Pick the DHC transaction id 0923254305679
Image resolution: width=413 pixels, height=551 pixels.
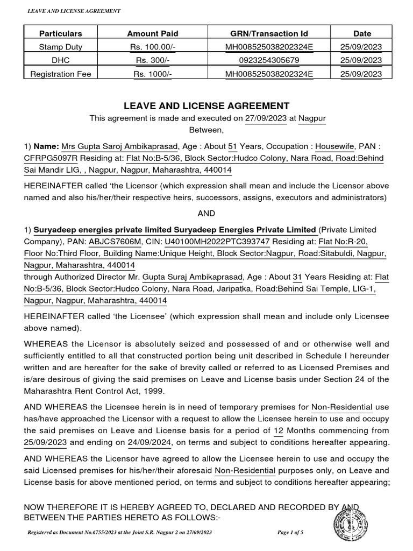pos(269,60)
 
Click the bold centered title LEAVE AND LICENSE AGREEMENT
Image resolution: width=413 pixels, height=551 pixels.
pos(206,106)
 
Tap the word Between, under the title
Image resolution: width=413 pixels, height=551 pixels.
pos(206,130)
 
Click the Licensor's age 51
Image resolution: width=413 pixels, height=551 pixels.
pos(232,146)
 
